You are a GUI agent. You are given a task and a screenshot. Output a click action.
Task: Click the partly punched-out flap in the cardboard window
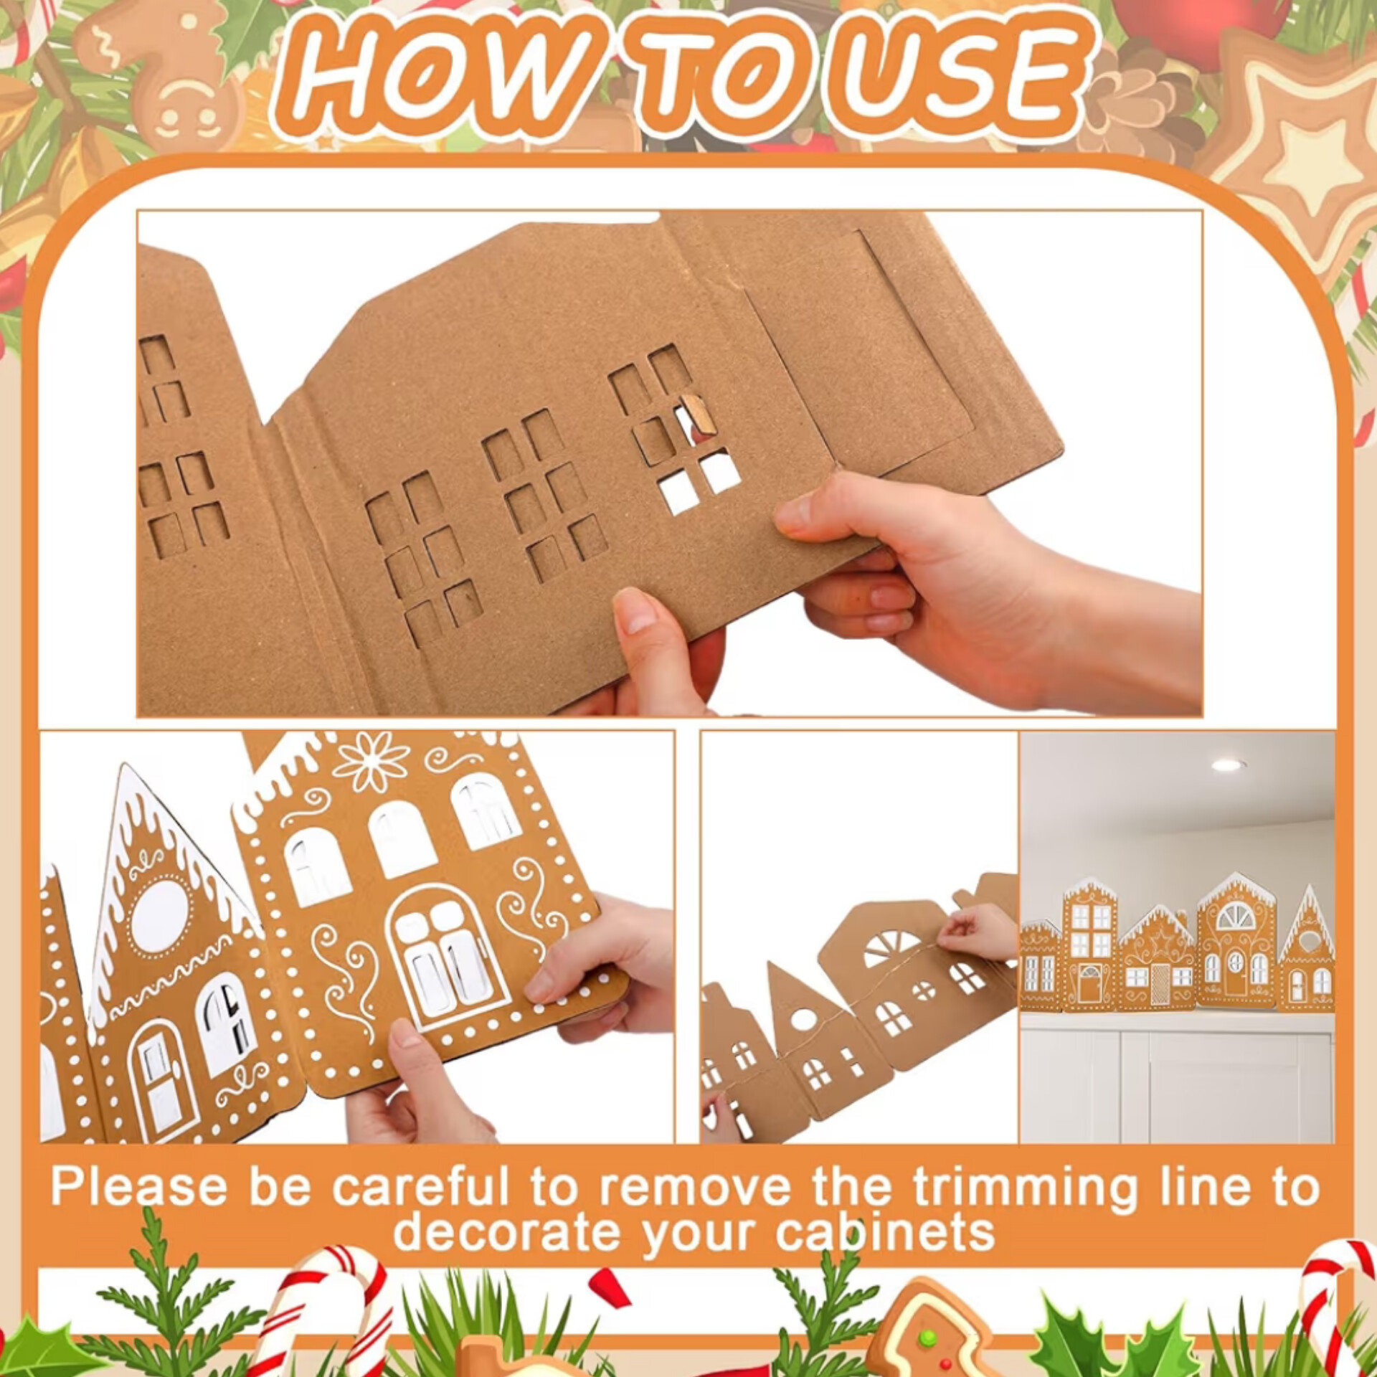coord(696,415)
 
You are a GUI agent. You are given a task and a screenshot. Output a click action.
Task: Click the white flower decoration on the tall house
coord(372,760)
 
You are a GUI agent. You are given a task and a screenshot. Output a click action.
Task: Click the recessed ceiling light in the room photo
coord(1229,765)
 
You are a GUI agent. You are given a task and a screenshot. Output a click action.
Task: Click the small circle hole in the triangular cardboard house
coord(803,1018)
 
